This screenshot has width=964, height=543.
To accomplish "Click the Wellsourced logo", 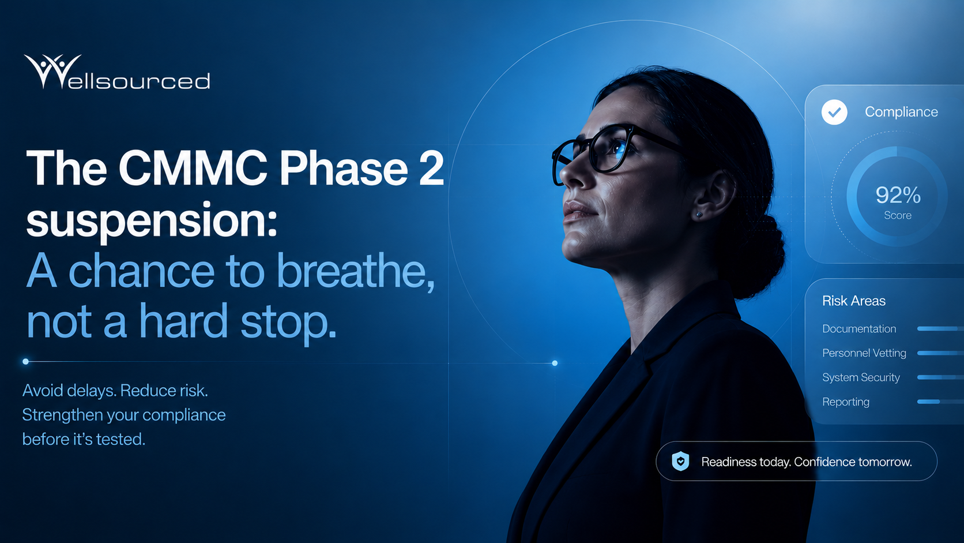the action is pyautogui.click(x=117, y=72).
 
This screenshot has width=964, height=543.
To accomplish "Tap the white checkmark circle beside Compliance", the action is pyautogui.click(x=834, y=112).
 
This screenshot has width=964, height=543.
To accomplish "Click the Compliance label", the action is pyautogui.click(x=901, y=112).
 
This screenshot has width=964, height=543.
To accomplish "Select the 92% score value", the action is pyautogui.click(x=898, y=195).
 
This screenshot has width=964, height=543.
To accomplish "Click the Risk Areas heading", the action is pyautogui.click(x=854, y=301).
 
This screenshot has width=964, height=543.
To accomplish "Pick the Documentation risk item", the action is pyautogui.click(x=859, y=328).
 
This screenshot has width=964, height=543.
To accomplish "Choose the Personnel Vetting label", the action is pyautogui.click(x=864, y=353).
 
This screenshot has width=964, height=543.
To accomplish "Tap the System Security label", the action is pyautogui.click(x=861, y=377).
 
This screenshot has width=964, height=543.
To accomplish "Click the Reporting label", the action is pyautogui.click(x=846, y=402).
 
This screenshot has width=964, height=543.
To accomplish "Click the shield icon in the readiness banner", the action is pyautogui.click(x=680, y=461).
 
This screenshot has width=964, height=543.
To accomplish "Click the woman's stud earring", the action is pyautogui.click(x=699, y=214).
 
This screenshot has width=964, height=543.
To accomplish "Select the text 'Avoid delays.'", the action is pyautogui.click(x=69, y=391).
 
